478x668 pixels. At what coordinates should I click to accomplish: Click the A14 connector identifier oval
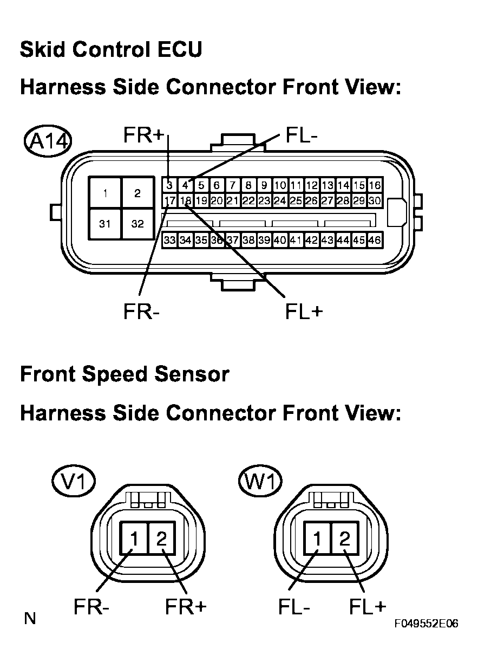[x=48, y=142]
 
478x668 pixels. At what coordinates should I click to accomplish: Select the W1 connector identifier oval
[x=260, y=481]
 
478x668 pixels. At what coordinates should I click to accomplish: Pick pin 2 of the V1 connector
[x=162, y=539]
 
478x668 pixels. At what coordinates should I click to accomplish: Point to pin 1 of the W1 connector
[x=318, y=539]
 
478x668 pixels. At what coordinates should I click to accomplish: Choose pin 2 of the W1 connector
[x=344, y=539]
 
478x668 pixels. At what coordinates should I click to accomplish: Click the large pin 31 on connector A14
[x=105, y=224]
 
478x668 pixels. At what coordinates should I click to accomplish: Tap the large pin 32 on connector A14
[x=137, y=224]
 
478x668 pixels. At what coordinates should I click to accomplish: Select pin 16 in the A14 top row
[x=374, y=185]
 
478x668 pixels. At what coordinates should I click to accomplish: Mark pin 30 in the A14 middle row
[x=374, y=200]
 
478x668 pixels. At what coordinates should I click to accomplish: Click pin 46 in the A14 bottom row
[x=374, y=239]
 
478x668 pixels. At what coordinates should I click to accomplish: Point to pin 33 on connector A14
[x=169, y=239]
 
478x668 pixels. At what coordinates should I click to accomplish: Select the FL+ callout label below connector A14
[x=304, y=312]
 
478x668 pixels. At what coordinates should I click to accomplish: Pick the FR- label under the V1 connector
[x=91, y=608]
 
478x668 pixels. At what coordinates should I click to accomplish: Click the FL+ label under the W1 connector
[x=368, y=608]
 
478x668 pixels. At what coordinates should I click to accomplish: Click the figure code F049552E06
[x=426, y=624]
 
